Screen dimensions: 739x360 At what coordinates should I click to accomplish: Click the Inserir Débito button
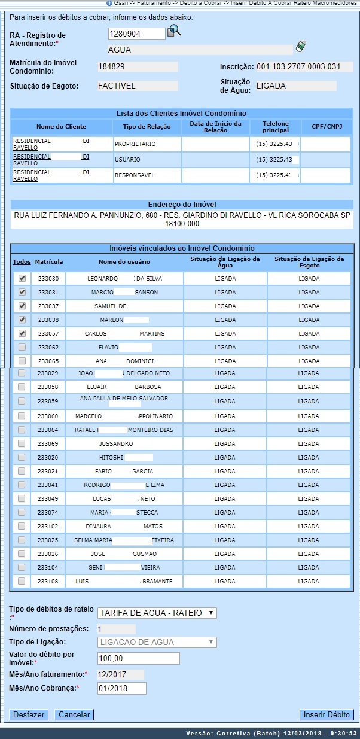(327, 714)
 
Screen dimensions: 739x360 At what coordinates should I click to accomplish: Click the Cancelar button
(75, 714)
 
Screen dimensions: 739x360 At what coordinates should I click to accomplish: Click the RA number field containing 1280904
(137, 34)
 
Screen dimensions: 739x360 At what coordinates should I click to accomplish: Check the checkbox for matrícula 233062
(22, 346)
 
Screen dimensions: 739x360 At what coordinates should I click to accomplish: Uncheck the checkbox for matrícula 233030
(22, 278)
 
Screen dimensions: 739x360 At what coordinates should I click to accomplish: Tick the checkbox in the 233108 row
(22, 581)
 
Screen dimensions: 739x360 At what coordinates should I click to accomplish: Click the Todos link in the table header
(22, 262)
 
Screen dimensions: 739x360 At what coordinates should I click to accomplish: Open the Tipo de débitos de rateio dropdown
(157, 613)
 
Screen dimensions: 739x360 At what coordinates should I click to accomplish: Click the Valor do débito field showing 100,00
(138, 658)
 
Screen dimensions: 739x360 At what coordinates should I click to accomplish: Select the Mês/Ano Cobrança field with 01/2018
(121, 688)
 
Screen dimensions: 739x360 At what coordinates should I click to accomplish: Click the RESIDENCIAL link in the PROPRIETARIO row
(32, 141)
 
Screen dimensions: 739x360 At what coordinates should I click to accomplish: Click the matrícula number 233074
(48, 512)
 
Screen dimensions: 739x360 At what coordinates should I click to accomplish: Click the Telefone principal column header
(275, 127)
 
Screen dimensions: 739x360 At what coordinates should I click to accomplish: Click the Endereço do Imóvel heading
(182, 204)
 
